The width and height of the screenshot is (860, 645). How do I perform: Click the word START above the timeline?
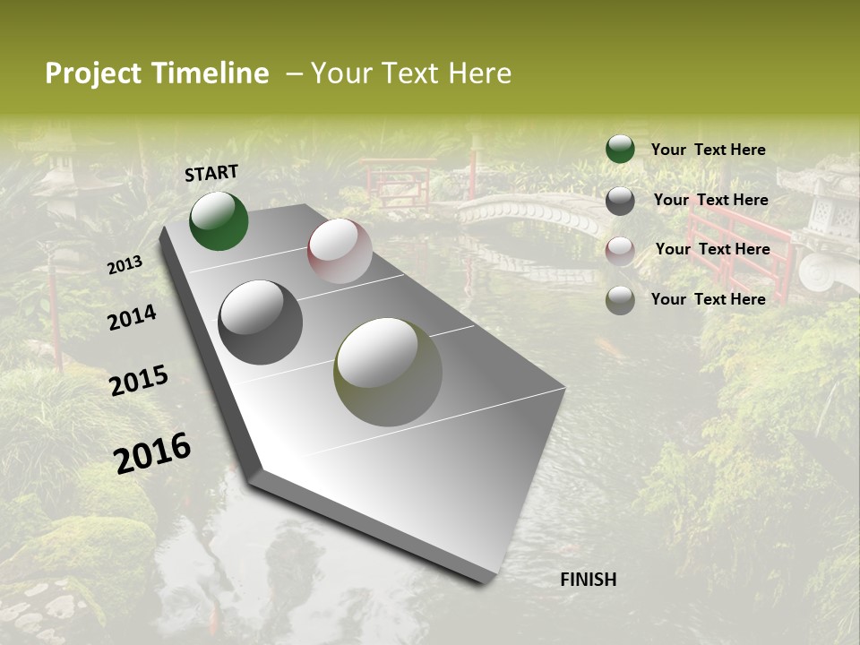click(211, 173)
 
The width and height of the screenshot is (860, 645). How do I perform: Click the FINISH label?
click(588, 580)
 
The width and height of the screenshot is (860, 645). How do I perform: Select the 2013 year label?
click(125, 265)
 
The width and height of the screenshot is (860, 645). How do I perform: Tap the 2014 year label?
click(132, 317)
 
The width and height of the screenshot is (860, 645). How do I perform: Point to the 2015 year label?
click(138, 380)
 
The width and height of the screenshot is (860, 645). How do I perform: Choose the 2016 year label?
click(152, 452)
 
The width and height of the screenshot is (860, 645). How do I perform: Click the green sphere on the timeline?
click(219, 221)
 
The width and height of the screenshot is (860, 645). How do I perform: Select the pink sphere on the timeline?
click(340, 251)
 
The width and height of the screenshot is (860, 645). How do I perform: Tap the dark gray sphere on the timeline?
click(260, 322)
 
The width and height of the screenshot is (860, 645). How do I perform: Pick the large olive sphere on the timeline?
click(388, 371)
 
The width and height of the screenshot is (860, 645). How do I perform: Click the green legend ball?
click(620, 150)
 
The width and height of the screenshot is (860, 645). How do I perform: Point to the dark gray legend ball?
click(620, 201)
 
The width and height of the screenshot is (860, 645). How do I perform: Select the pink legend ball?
click(620, 250)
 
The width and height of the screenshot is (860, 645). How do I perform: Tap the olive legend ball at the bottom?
click(620, 300)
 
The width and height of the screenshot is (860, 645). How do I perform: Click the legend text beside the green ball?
click(708, 150)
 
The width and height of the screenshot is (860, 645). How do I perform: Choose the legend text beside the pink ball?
click(712, 249)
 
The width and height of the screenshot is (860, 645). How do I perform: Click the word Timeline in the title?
click(212, 73)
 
